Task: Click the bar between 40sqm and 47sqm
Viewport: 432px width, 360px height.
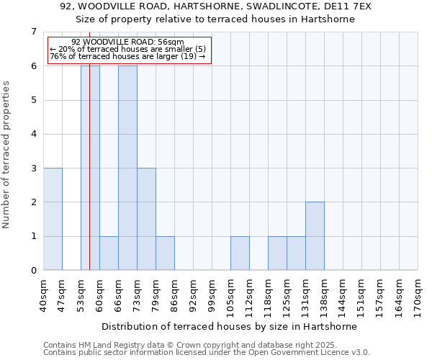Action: tap(53, 219)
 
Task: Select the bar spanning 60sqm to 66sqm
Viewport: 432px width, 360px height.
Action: tap(109, 253)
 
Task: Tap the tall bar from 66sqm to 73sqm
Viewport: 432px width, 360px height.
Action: tap(127, 168)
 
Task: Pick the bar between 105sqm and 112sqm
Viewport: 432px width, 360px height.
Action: tap(240, 253)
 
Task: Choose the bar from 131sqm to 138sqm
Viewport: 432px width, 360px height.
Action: tap(315, 236)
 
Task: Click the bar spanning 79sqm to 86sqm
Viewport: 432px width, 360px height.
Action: tap(165, 253)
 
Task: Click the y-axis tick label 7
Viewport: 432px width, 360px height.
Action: tap(33, 32)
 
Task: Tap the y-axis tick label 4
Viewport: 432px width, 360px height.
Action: tap(33, 134)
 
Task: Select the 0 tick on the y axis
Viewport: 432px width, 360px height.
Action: tap(33, 271)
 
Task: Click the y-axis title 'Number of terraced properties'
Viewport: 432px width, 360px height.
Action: tap(7, 154)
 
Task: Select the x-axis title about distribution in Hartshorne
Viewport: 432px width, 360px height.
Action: tap(230, 326)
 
